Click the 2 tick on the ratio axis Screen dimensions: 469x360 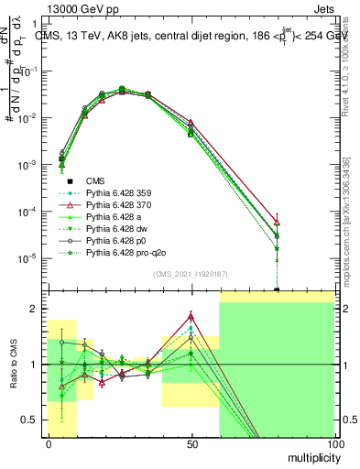coord(38,309)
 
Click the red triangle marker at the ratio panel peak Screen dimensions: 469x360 coord(191,316)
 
